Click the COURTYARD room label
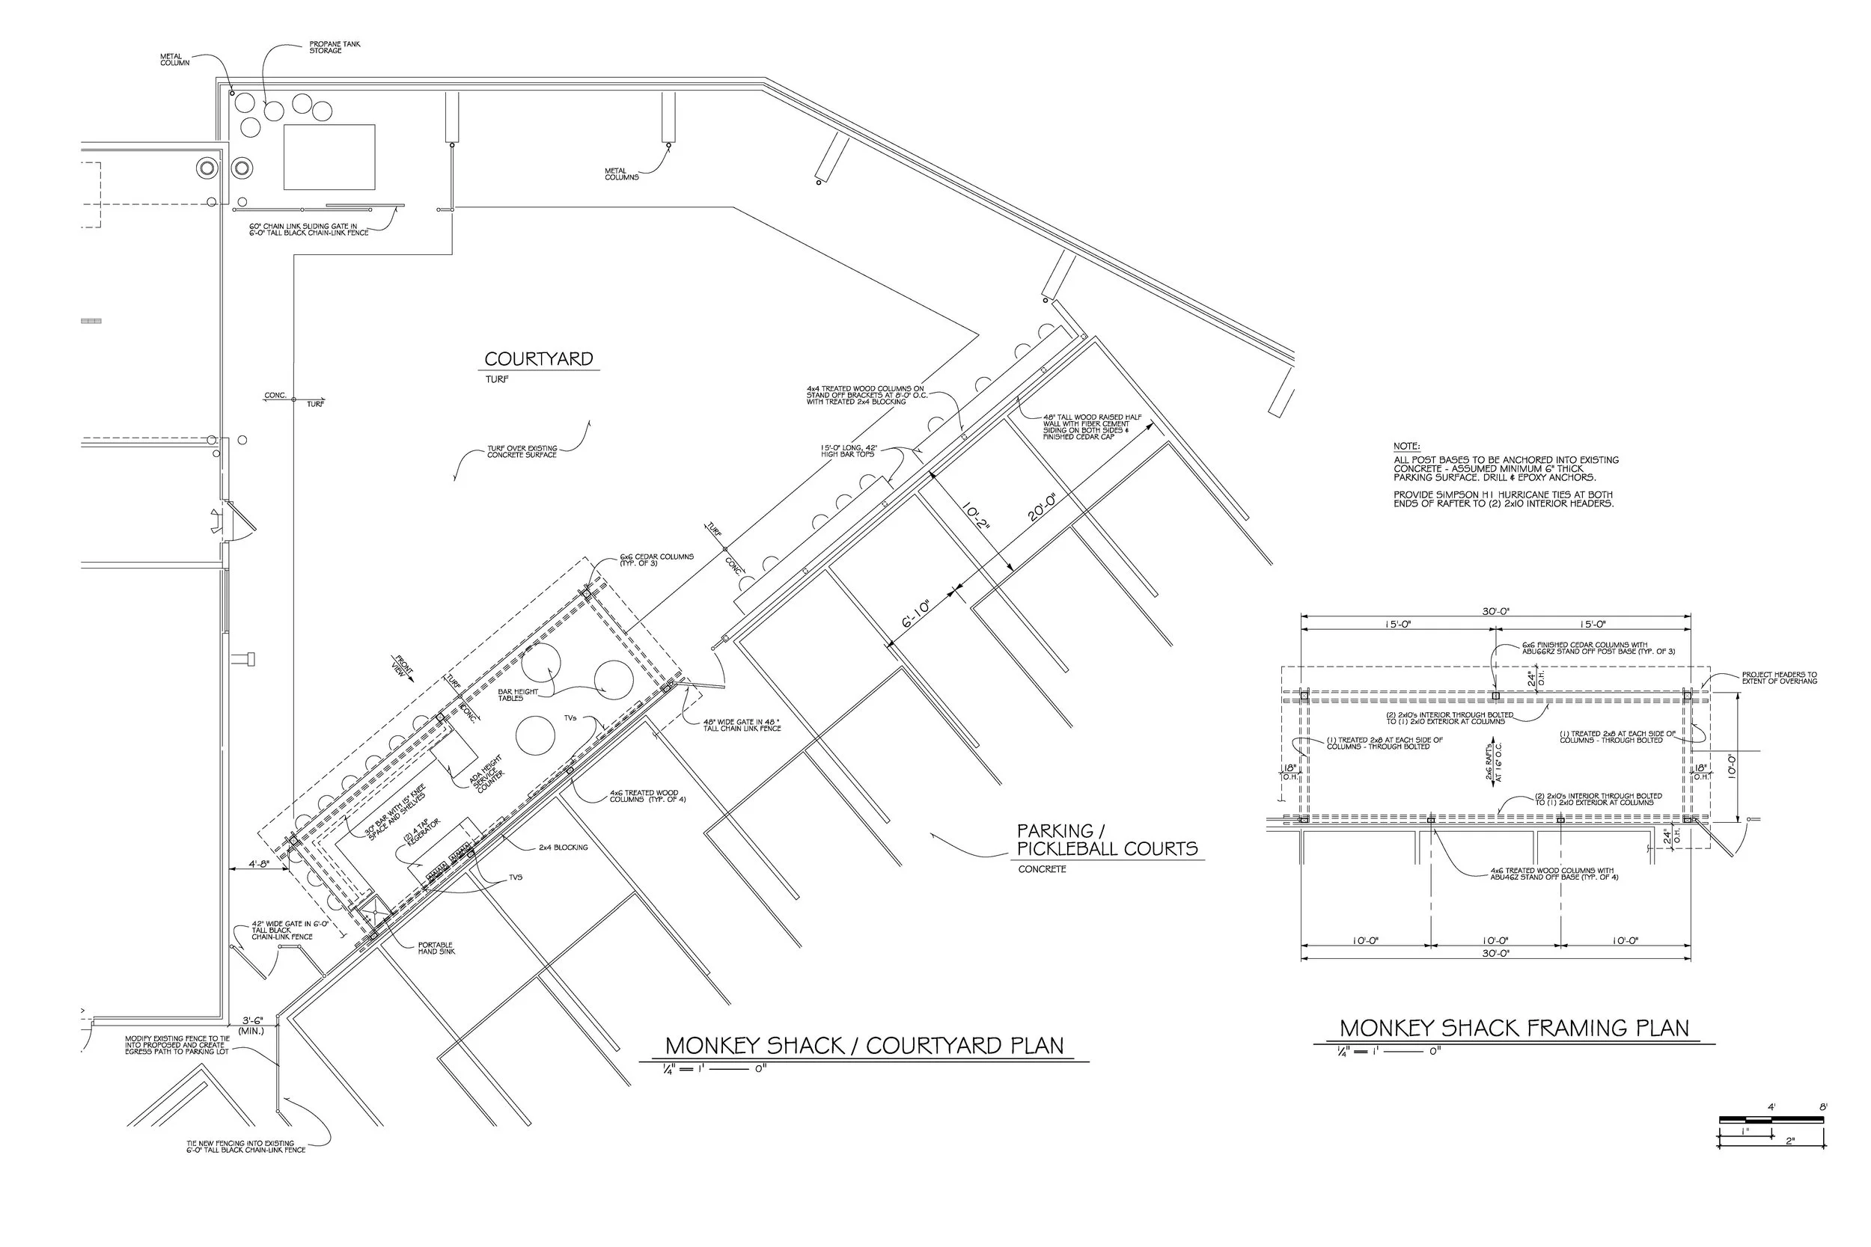tap(539, 360)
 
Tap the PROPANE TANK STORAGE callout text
tap(334, 48)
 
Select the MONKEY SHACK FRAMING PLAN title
tap(1514, 1029)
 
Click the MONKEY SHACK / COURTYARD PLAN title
tap(864, 1046)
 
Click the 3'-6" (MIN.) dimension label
tap(251, 1025)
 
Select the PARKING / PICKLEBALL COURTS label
tap(1107, 841)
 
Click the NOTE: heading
tap(1406, 446)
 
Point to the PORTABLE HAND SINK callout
tap(436, 948)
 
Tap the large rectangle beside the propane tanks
tap(329, 156)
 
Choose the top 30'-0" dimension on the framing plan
tap(1495, 612)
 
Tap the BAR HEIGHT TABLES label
tap(518, 694)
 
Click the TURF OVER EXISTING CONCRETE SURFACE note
tap(522, 452)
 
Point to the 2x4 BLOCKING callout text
tap(564, 848)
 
